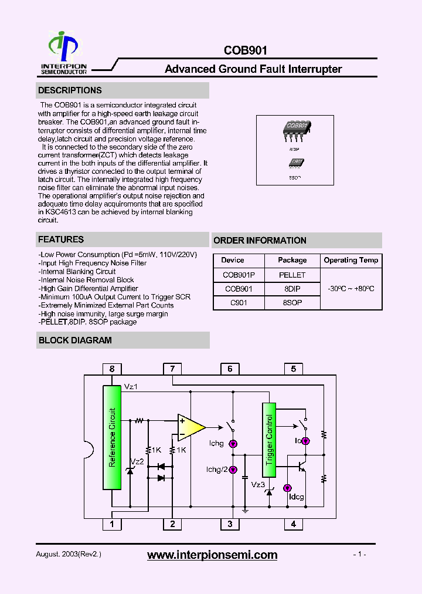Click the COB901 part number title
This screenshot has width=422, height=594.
pyautogui.click(x=245, y=51)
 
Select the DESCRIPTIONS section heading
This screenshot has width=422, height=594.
pyautogui.click(x=70, y=90)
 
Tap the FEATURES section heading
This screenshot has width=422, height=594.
pyautogui.click(x=61, y=239)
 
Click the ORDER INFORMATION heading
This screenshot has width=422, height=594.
pyautogui.click(x=260, y=240)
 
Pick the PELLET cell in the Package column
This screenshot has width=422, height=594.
pyautogui.click(x=292, y=275)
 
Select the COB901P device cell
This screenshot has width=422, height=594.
pyautogui.click(x=239, y=275)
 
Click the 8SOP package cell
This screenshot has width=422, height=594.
pyautogui.click(x=292, y=303)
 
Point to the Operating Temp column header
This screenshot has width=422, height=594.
pyautogui.click(x=351, y=260)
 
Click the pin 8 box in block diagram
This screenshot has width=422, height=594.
pyautogui.click(x=112, y=369)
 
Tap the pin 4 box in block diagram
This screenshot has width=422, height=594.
pyautogui.click(x=294, y=524)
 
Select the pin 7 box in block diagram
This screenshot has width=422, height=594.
pyautogui.click(x=172, y=369)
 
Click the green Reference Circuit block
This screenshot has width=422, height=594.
pyautogui.click(x=112, y=437)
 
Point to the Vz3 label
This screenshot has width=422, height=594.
pyautogui.click(x=258, y=484)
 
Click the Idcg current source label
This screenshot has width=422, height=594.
pyautogui.click(x=297, y=497)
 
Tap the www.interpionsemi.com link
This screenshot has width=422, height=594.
pyautogui.click(x=212, y=555)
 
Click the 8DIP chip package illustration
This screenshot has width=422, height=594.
pyautogui.click(x=297, y=129)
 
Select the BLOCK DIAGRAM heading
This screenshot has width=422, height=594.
pyautogui.click(x=75, y=340)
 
